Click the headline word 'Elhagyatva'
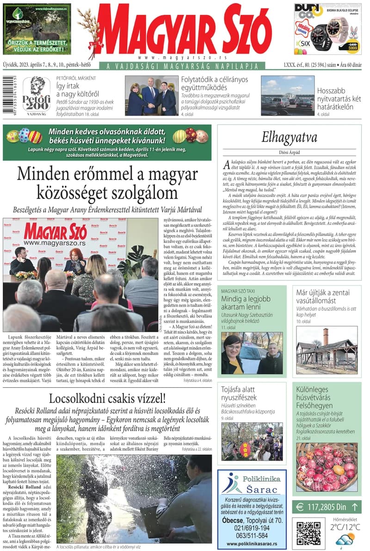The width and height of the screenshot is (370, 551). [x=289, y=137]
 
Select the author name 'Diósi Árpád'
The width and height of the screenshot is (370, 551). [x=289, y=151]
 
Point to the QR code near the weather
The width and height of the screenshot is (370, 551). [x=308, y=532]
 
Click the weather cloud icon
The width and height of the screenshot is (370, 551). [x=345, y=540]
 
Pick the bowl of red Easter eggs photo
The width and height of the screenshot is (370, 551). [x=327, y=467]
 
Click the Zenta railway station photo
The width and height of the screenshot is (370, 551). [x=327, y=350]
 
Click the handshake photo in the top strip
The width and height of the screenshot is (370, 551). [x=151, y=96]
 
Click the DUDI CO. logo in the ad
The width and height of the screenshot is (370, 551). [x=307, y=12]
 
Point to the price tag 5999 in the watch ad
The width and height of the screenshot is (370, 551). [x=353, y=48]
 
